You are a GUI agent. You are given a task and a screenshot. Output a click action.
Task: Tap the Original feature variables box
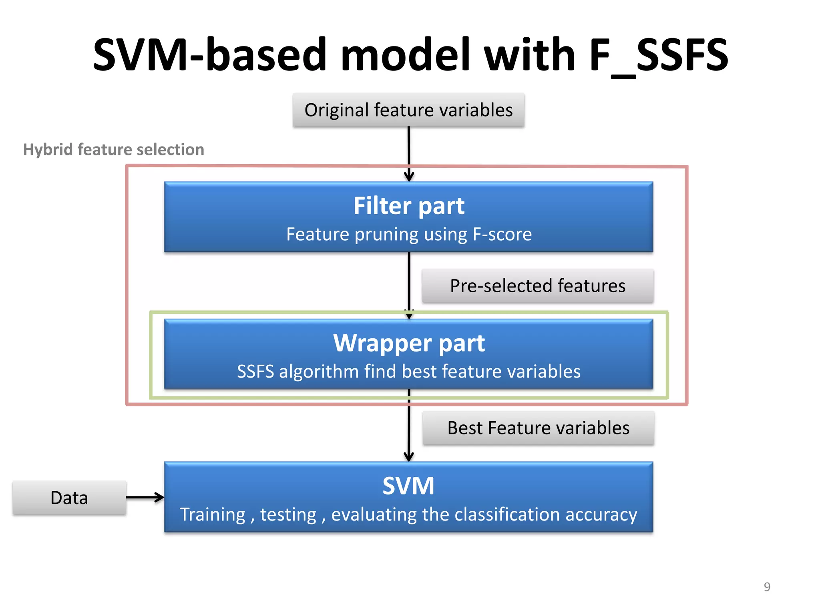coord(408,110)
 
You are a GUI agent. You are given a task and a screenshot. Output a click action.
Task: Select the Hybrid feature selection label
coord(114,149)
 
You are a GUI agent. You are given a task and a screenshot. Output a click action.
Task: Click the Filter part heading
coord(409,206)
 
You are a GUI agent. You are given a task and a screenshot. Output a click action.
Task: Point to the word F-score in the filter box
coord(502,234)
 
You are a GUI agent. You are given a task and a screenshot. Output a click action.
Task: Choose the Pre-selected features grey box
coord(538,286)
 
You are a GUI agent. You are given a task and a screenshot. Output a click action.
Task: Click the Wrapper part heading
coord(409,343)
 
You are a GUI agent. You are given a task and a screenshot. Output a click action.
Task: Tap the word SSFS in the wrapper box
coord(255,372)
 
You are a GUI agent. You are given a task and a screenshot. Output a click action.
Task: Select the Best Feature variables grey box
coord(538,428)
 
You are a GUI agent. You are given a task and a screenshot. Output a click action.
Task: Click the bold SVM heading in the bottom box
coord(408,486)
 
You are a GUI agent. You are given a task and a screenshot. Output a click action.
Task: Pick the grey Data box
coord(69,498)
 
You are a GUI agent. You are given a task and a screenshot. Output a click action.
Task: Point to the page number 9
coord(767,587)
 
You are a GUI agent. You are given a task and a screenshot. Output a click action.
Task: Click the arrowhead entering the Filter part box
coord(409,177)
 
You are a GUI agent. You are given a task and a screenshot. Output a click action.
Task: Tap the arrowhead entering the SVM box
coord(408,456)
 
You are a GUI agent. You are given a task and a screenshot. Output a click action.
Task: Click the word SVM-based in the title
coord(210,55)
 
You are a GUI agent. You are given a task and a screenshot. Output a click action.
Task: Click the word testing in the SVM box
coord(288,515)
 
